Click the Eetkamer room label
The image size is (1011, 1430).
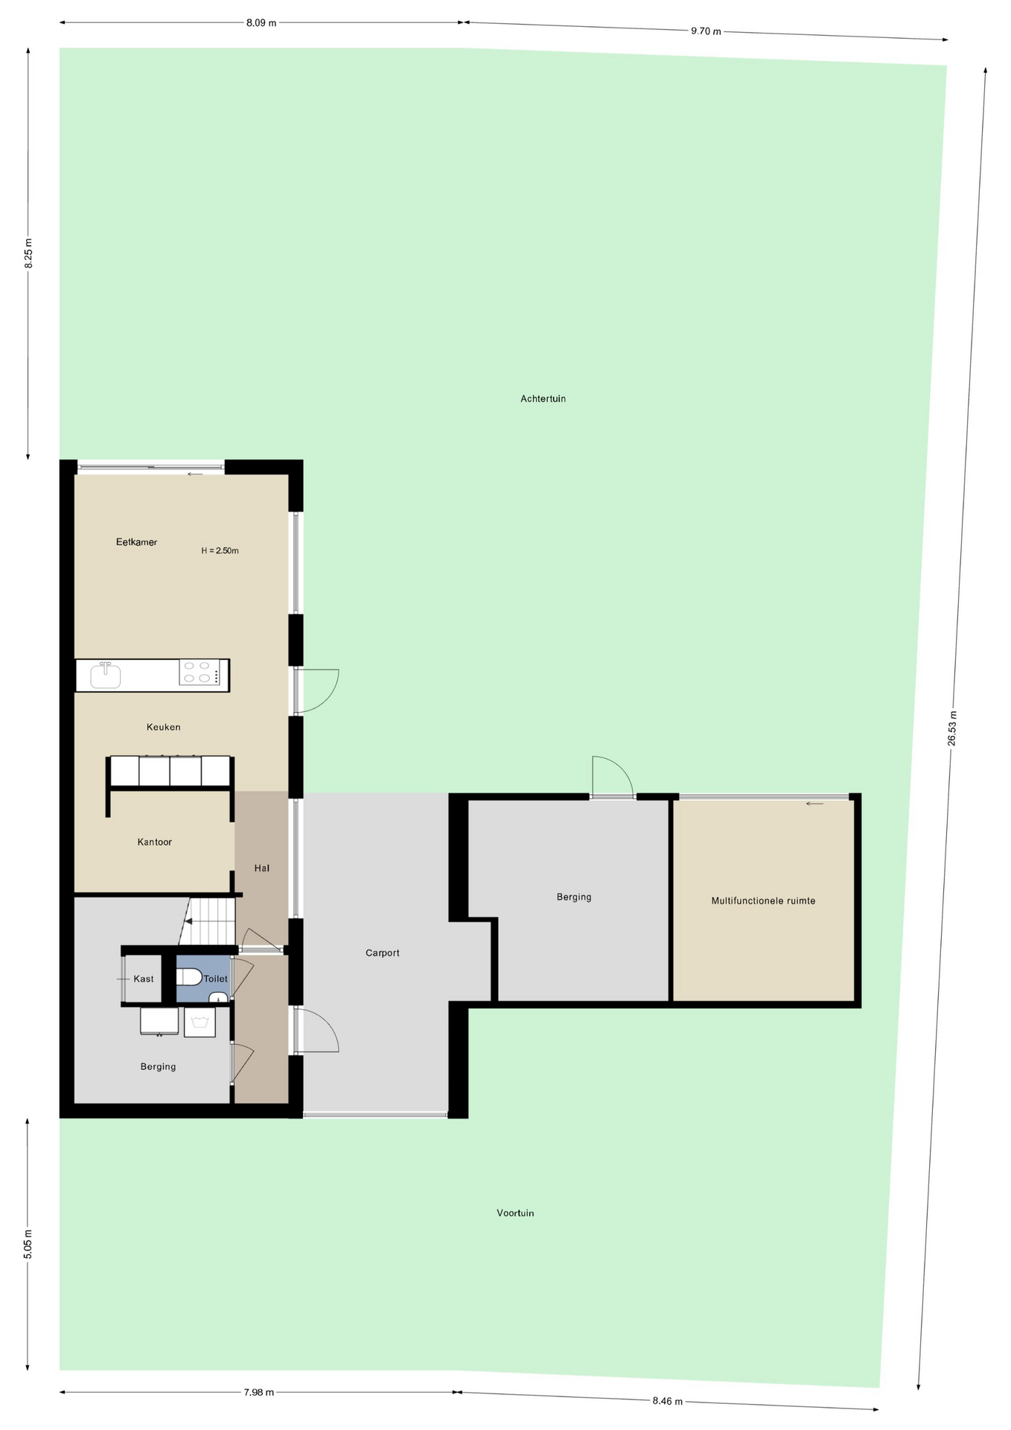[136, 542]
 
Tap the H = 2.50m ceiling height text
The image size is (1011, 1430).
[220, 551]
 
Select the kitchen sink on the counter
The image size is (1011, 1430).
[105, 676]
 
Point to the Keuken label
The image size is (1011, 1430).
[163, 727]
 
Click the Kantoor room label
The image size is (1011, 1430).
[154, 842]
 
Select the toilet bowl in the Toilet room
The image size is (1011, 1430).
[189, 977]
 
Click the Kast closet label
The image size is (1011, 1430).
[144, 979]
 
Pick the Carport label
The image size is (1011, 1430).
[383, 953]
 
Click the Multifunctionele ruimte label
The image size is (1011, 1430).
[763, 900]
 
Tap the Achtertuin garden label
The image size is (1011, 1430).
[543, 398]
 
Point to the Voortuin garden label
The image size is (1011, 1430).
[515, 1213]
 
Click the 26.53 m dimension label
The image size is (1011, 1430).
[952, 728]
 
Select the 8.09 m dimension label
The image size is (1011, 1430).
[261, 22]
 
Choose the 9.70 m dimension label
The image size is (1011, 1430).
[706, 31]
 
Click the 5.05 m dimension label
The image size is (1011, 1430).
[28, 1244]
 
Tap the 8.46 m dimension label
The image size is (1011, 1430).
[667, 1401]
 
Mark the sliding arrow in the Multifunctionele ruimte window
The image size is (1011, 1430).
[814, 804]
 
